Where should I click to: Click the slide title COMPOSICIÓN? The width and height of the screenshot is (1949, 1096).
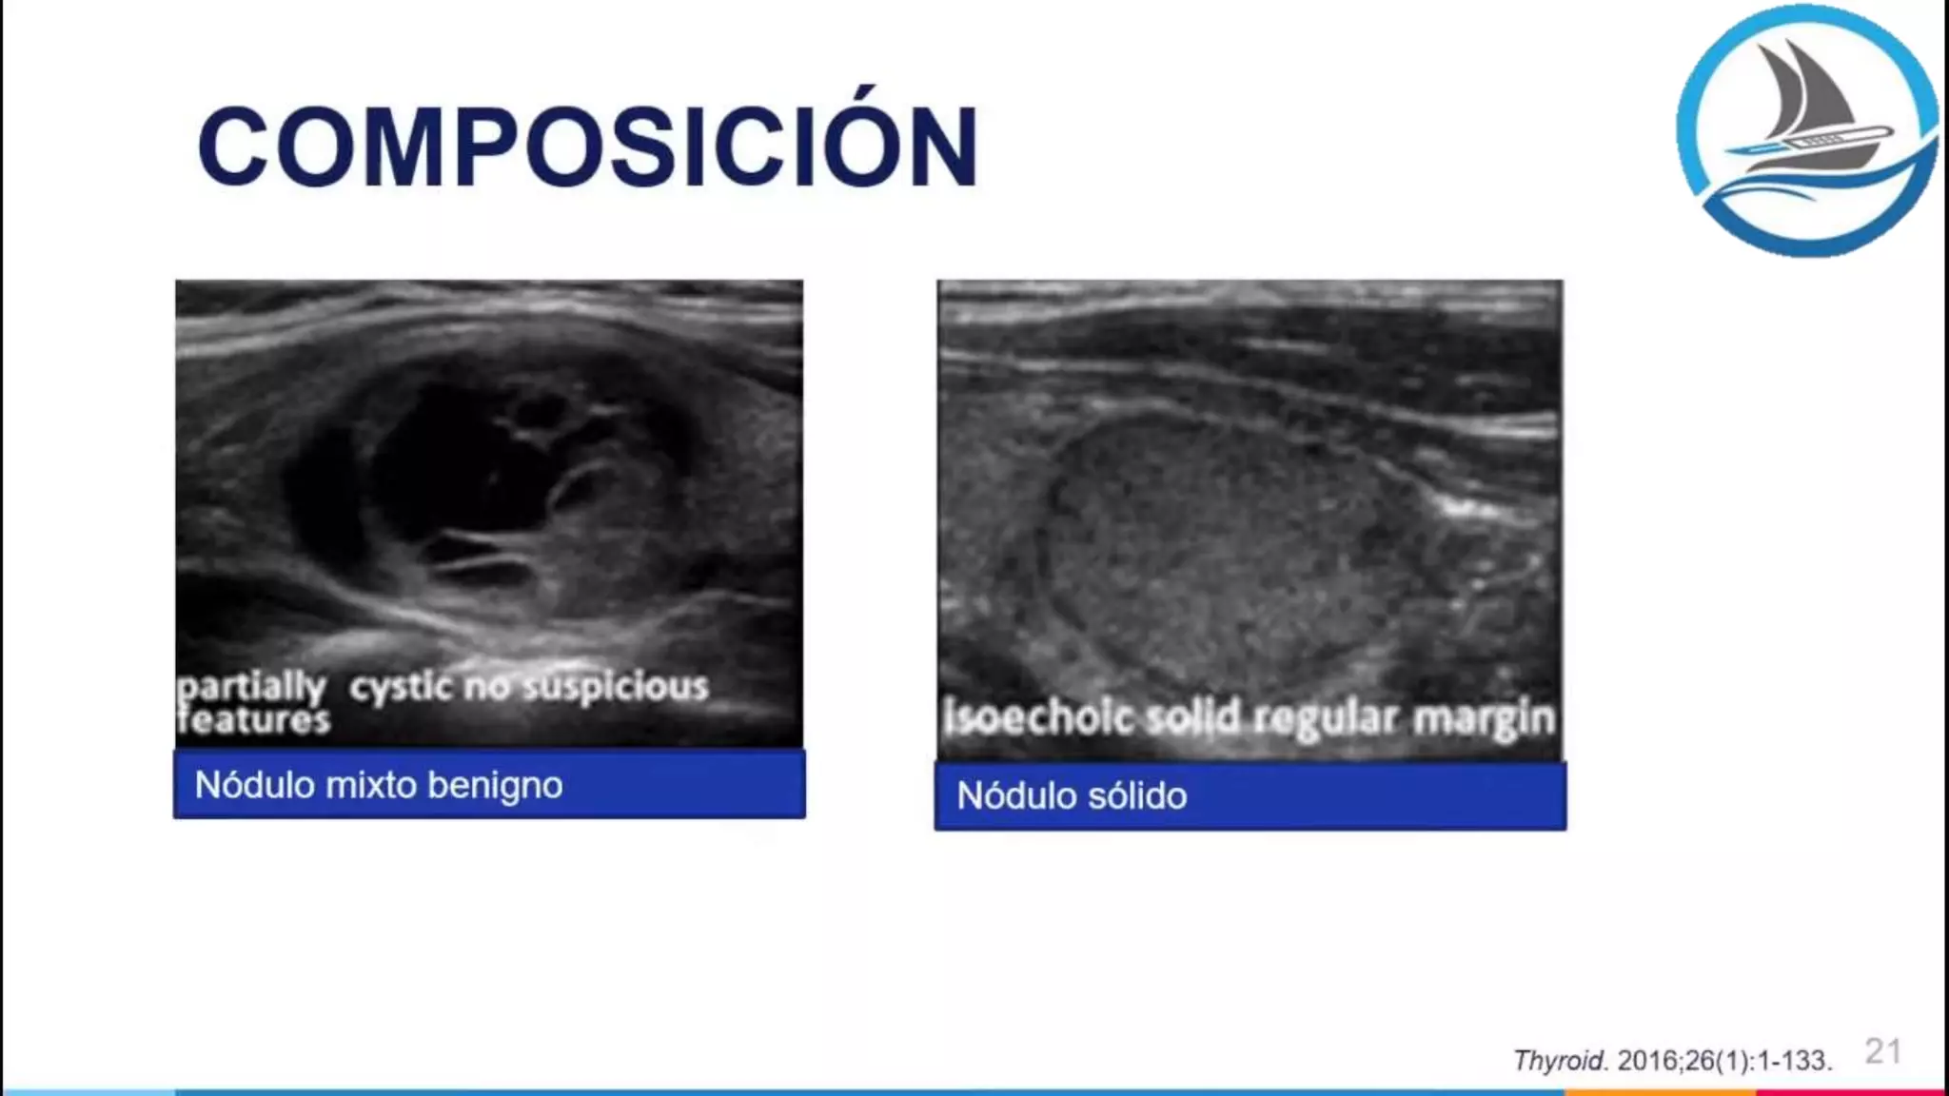(587, 147)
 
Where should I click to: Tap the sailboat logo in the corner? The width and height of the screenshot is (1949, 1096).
(1806, 130)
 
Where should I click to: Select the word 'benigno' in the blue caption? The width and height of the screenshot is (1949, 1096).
(495, 787)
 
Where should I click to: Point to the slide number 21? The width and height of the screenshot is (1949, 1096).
(1882, 1051)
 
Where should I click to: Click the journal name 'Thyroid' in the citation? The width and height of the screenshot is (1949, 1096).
(1559, 1060)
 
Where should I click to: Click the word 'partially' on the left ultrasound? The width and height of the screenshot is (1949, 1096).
(251, 687)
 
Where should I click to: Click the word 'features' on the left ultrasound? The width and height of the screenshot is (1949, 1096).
(254, 719)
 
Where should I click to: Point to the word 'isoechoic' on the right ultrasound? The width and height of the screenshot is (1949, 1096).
(1038, 717)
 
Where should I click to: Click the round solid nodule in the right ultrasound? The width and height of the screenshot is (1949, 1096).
(1218, 552)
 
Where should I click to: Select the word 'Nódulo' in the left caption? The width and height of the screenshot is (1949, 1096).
(254, 786)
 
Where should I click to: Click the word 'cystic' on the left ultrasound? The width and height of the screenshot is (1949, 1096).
(400, 687)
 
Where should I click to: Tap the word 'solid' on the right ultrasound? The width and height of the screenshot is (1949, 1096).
(1194, 717)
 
